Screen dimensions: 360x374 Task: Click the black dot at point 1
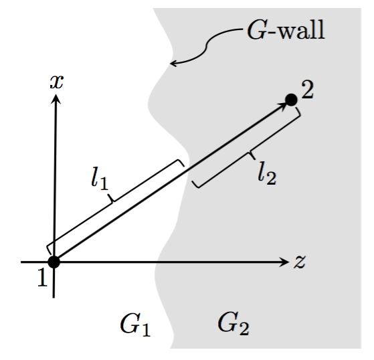(x=54, y=262)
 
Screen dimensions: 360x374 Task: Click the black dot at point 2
(x=290, y=100)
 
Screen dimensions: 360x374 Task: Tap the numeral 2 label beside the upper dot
(x=307, y=90)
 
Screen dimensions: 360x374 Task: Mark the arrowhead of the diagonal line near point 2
(x=281, y=106)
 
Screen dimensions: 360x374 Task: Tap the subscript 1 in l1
(x=106, y=185)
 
